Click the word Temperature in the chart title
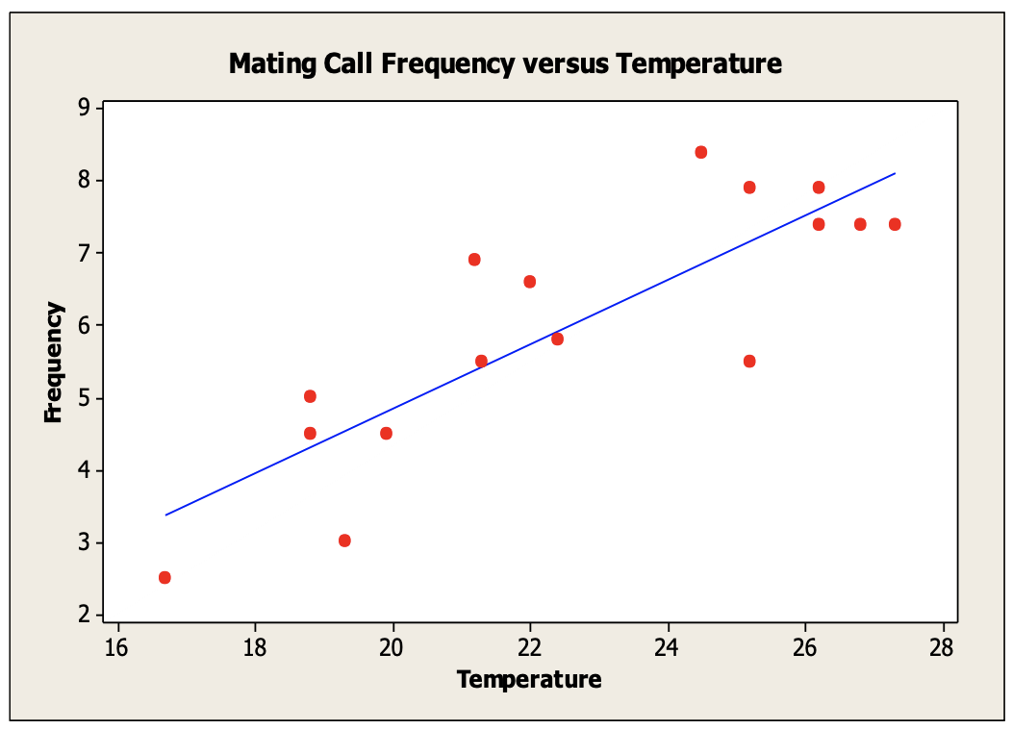(698, 64)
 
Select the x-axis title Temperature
(529, 680)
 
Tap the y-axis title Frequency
(54, 363)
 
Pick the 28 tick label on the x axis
(943, 645)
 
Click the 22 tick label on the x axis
(530, 645)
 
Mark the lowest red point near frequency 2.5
(164, 577)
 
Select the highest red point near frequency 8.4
(700, 152)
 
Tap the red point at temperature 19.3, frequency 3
(344, 540)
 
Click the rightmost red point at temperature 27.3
(895, 224)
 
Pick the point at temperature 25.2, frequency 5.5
(749, 362)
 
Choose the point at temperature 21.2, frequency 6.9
(474, 260)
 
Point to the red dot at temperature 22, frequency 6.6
(529, 282)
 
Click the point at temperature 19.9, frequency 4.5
(386, 433)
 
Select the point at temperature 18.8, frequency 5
(310, 396)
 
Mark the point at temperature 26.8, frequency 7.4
(860, 224)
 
